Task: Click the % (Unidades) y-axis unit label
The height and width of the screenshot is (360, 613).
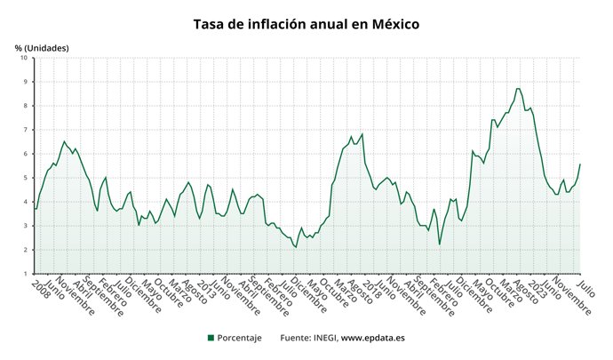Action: tap(42, 47)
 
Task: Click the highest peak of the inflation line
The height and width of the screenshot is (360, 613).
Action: tap(518, 88)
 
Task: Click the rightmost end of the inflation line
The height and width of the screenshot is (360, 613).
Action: tap(580, 164)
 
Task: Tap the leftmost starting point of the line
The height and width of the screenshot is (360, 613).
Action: tap(35, 209)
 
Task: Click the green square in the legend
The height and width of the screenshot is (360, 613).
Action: tap(211, 338)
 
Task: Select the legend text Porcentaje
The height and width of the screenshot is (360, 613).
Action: tap(240, 338)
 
